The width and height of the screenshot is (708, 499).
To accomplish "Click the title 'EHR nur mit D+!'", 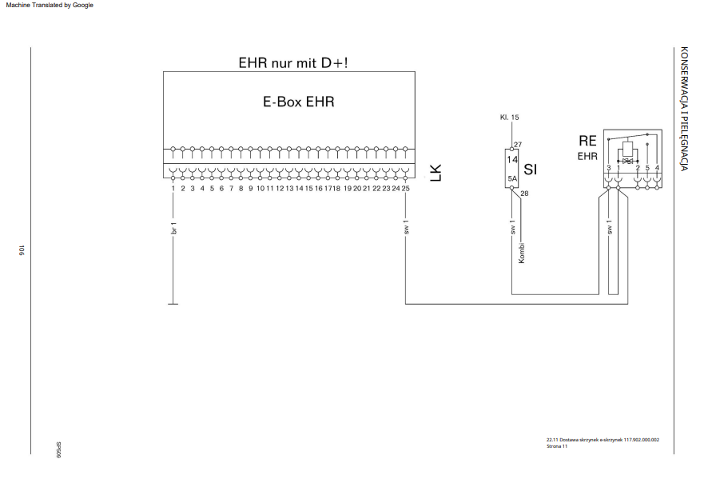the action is click(x=293, y=63).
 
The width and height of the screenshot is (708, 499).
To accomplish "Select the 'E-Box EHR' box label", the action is click(x=298, y=102).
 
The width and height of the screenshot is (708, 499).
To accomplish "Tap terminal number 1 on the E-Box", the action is click(x=173, y=189).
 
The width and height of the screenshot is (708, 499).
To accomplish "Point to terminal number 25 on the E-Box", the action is click(x=405, y=189).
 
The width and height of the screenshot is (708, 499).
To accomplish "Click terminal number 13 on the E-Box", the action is click(x=289, y=189).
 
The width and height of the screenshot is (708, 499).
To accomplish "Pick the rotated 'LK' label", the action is click(x=436, y=173).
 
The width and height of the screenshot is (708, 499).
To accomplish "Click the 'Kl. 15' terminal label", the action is click(x=509, y=117).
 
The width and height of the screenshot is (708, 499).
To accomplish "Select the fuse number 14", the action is click(x=512, y=160).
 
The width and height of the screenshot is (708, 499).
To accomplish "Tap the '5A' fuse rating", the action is click(x=512, y=178).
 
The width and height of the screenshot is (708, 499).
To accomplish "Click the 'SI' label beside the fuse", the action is click(x=530, y=170).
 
